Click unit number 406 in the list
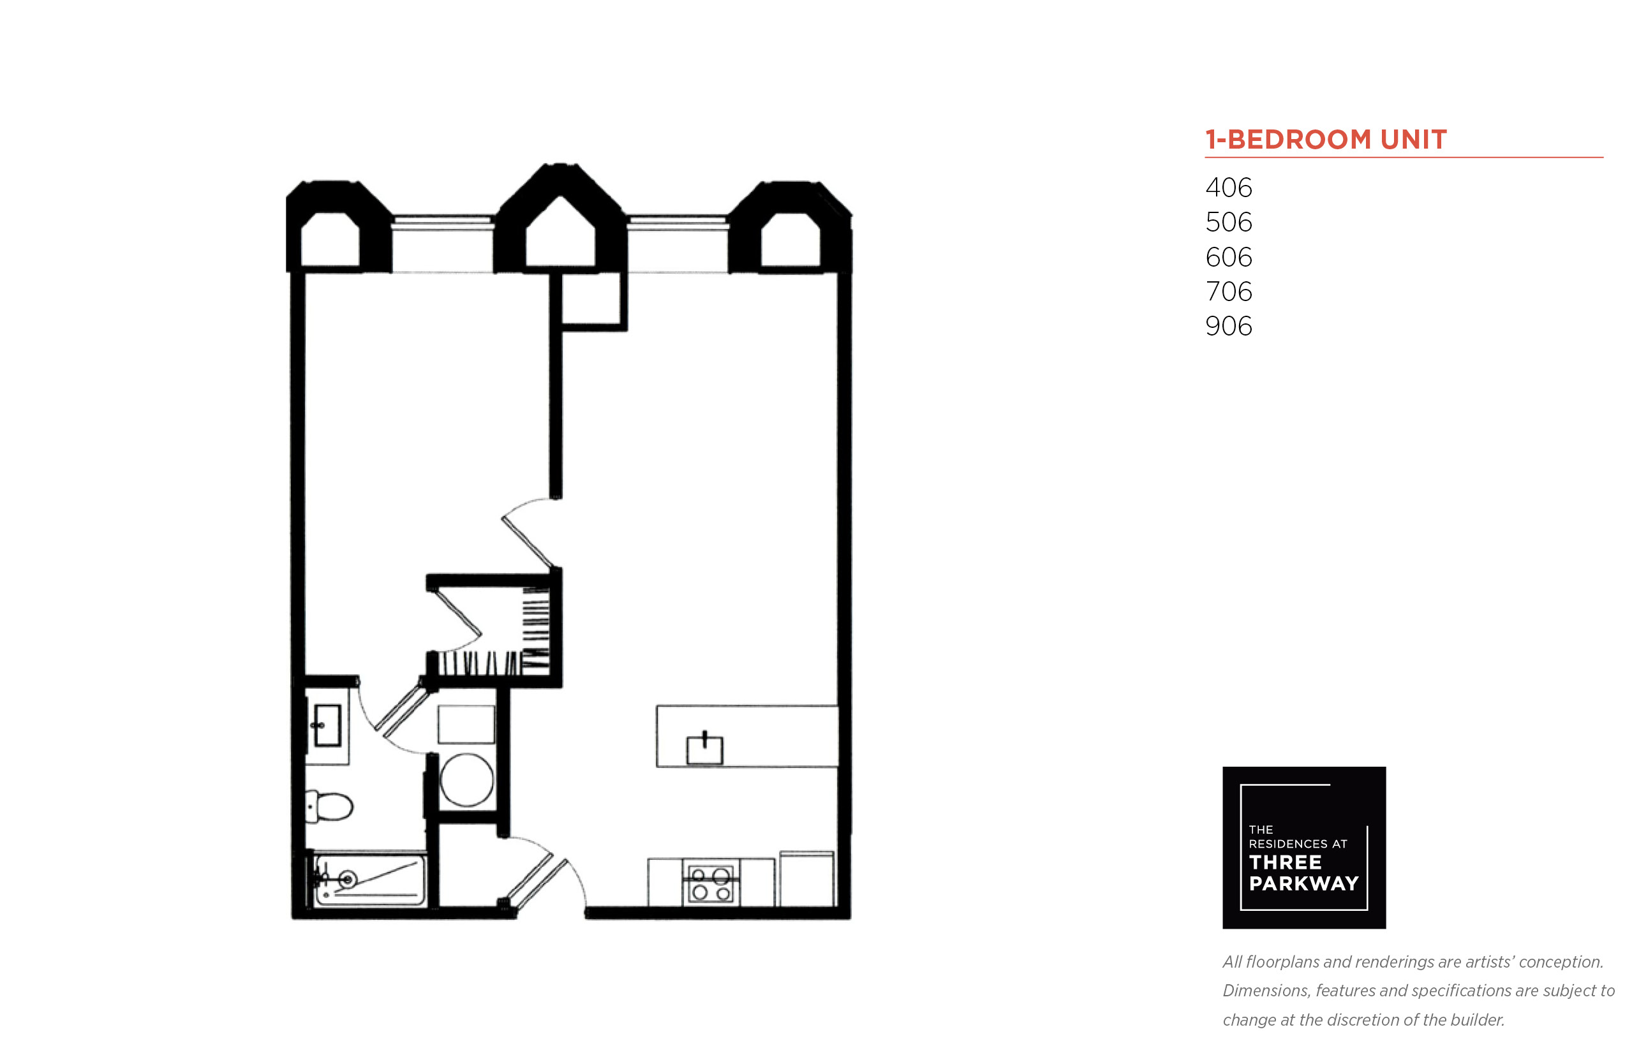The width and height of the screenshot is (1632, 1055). [1228, 187]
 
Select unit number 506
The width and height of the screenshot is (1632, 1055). [1228, 222]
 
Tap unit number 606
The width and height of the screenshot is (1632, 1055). [1228, 257]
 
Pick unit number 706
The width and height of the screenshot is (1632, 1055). [1228, 291]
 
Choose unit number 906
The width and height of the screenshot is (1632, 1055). [1228, 326]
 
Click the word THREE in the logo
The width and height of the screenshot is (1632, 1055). [1286, 862]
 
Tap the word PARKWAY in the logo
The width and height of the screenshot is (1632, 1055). [1304, 883]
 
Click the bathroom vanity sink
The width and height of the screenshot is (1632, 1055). [327, 725]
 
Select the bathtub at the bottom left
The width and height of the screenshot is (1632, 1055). [370, 879]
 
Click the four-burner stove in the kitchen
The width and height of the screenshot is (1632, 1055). [711, 883]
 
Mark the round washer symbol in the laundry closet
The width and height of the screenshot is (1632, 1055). [466, 780]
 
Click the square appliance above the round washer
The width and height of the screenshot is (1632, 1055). [466, 724]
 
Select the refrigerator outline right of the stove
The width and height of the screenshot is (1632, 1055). [807, 879]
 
